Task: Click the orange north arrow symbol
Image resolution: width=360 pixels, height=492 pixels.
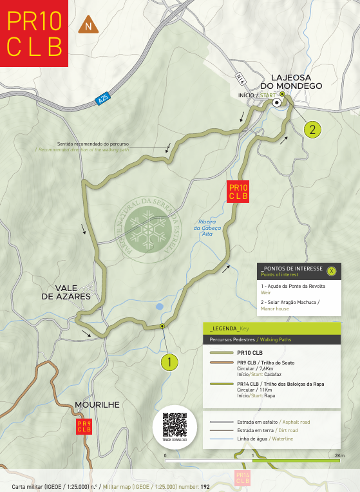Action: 88,26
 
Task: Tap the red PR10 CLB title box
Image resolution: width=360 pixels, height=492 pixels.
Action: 34,33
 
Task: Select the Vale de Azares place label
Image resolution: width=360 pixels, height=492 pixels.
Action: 66,292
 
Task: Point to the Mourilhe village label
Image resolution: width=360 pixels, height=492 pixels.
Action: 97,404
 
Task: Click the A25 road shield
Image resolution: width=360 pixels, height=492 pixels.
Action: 103,100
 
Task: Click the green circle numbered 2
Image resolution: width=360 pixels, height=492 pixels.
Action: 312,129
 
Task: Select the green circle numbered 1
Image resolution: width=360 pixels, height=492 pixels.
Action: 169,363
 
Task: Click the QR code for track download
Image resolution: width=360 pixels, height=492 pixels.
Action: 174,424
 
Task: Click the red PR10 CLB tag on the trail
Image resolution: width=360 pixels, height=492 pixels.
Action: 238,192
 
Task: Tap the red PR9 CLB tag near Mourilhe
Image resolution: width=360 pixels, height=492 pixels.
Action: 84,426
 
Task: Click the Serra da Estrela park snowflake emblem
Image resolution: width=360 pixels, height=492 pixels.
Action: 147,229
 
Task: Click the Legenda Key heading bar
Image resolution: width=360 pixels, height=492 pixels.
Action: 271,328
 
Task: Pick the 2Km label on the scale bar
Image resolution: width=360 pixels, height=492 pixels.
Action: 339,455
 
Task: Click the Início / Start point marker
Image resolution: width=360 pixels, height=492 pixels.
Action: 276,102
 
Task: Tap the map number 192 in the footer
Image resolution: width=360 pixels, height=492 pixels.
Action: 205,486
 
